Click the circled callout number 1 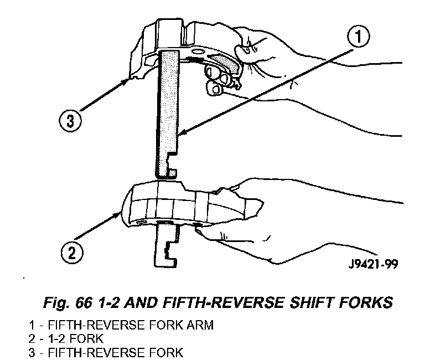(x=358, y=38)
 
